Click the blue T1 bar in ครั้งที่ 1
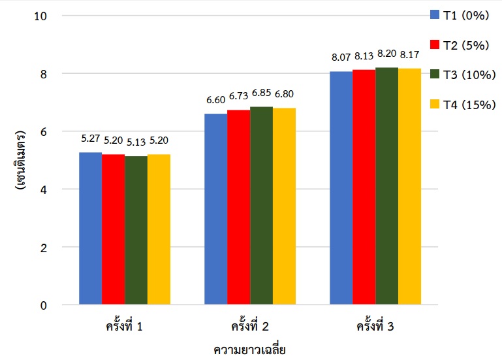[91, 229]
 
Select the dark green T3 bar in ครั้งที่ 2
[261, 206]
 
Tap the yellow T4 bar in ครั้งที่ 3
[409, 186]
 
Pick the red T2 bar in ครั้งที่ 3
[364, 187]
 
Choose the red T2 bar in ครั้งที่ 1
[113, 229]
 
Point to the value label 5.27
[91, 139]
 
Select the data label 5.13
[136, 143]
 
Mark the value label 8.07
[341, 58]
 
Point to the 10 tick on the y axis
[40, 16]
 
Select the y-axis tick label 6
[43, 131]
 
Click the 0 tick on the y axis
[43, 305]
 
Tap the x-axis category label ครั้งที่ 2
[250, 325]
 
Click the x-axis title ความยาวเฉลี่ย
[250, 349]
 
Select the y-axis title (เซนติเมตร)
[20, 160]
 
